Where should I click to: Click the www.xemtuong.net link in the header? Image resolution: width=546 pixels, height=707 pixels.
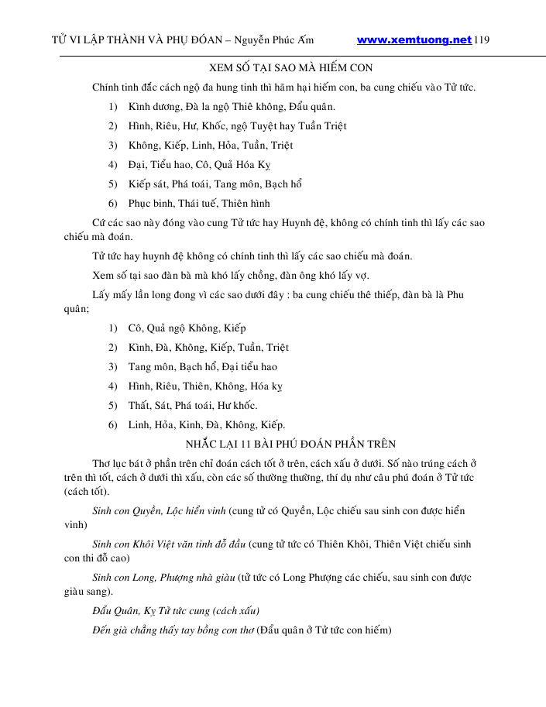(414, 40)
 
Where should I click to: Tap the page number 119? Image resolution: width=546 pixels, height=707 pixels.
(482, 40)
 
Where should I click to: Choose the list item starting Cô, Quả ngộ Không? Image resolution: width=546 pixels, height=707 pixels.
(187, 328)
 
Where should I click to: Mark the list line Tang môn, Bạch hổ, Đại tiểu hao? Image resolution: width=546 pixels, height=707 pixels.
(202, 366)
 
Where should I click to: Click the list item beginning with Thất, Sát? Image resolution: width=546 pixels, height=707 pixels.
(192, 405)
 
